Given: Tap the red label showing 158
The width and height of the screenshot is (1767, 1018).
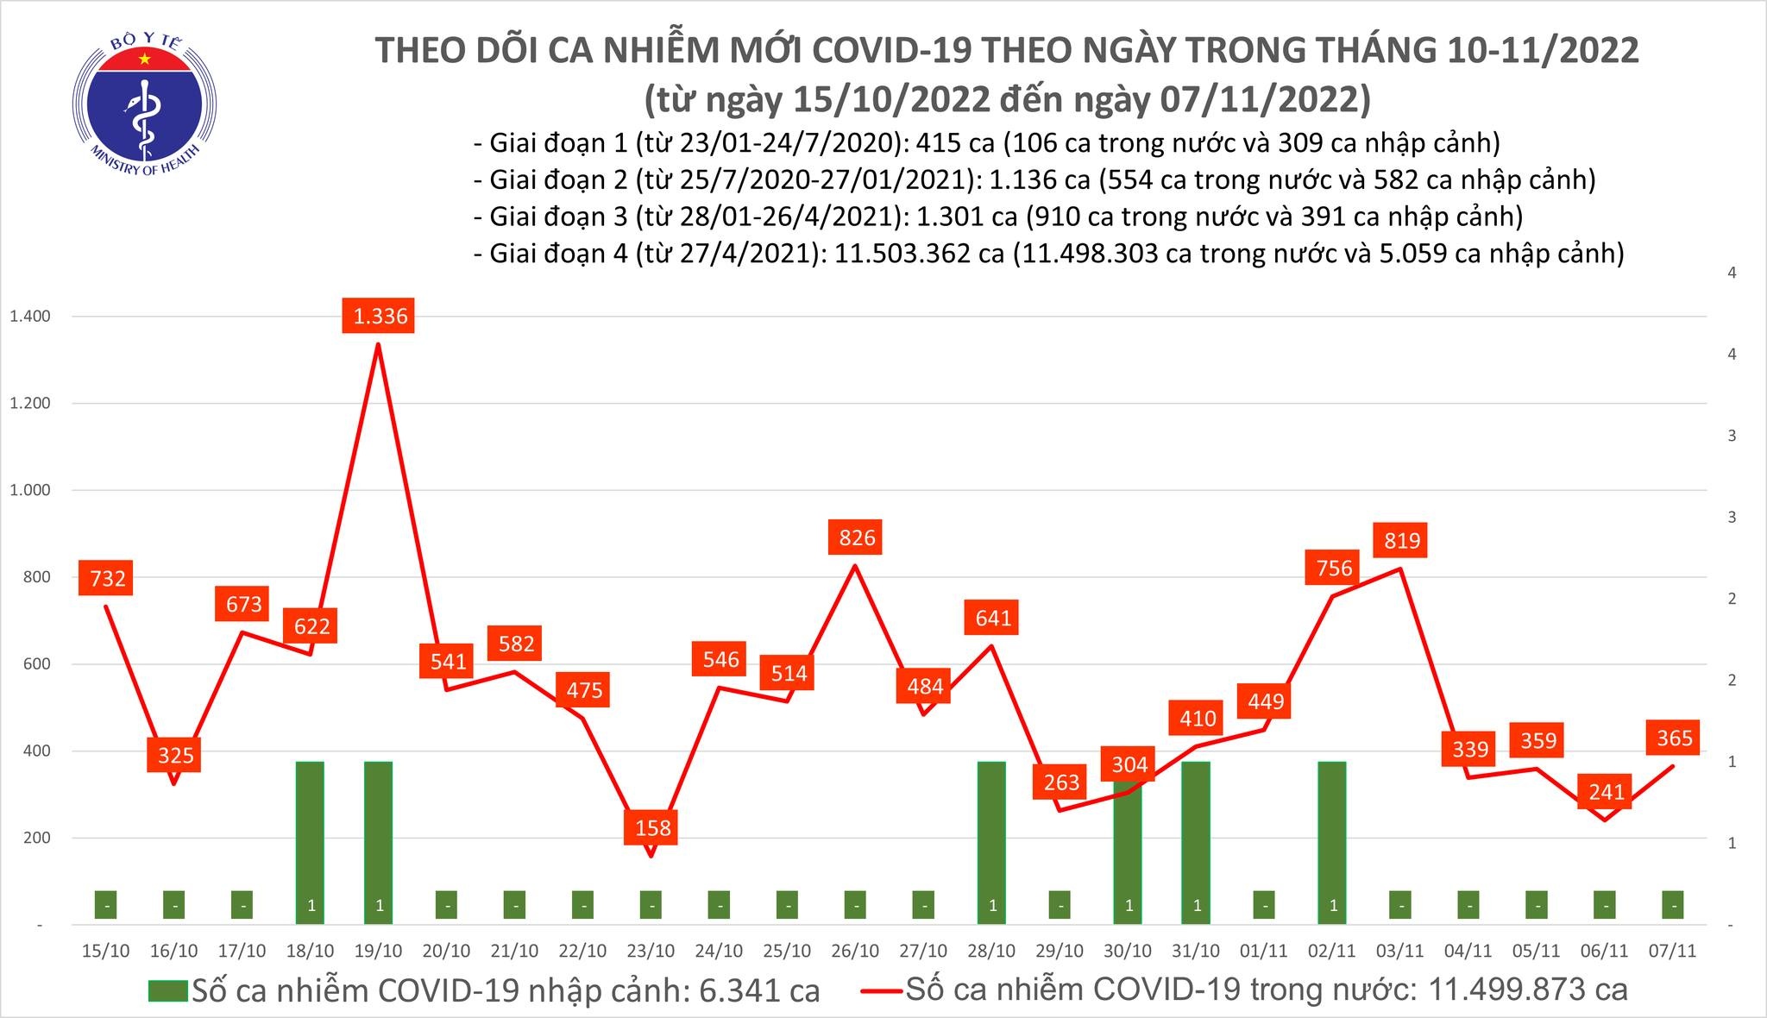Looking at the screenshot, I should point(652,827).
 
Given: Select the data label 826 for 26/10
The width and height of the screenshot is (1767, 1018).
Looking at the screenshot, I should point(857,537).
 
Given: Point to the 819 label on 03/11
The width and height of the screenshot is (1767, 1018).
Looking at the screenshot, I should point(1401,541).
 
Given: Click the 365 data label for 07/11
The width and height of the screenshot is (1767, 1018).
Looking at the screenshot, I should point(1675,738).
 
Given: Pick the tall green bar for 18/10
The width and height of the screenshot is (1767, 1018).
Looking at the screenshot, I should point(311,841).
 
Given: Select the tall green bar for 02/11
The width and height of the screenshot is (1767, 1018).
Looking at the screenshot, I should point(1332,841).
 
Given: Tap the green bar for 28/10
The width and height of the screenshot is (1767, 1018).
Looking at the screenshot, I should point(992,841).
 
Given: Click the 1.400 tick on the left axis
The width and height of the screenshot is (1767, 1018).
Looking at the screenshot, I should point(30,317).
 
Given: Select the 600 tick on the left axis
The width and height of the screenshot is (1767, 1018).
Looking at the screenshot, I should point(37,664).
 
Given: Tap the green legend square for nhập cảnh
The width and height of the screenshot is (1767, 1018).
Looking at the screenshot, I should point(167,990).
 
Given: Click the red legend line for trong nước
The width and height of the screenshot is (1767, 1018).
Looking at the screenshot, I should point(881,990).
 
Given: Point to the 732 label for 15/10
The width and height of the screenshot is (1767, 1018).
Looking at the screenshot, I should point(108,578).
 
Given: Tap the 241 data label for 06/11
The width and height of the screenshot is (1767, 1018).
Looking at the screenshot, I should point(1607,791).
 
